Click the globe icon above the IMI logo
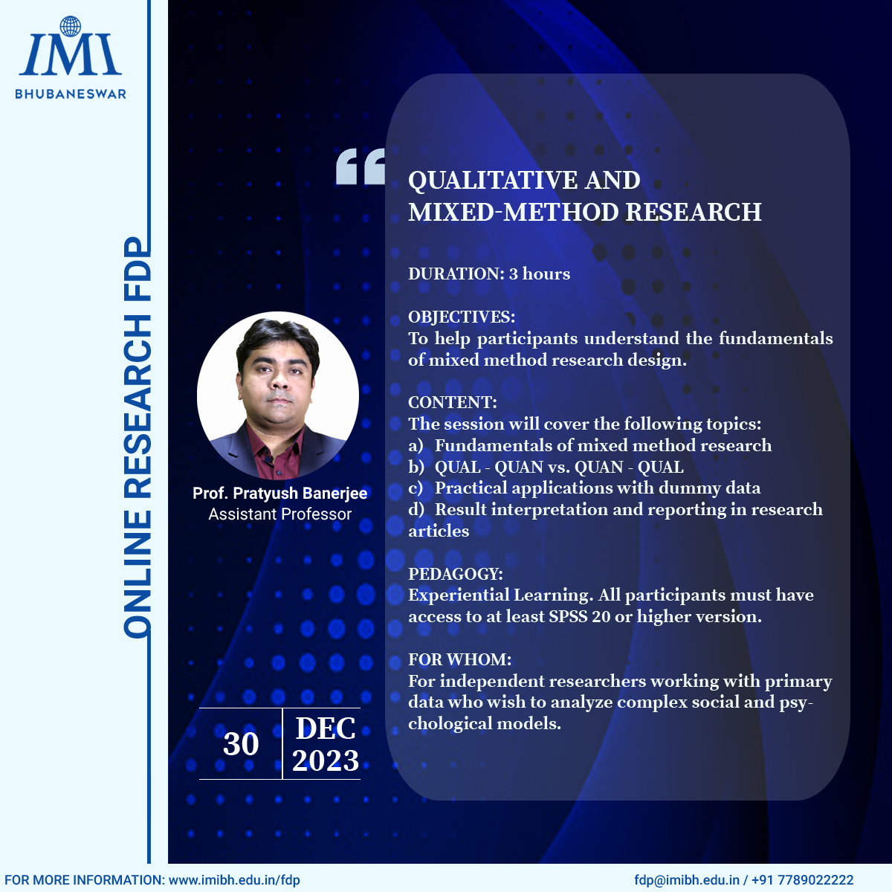(x=71, y=26)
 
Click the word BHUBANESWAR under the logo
(x=71, y=94)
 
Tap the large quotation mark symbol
(x=360, y=167)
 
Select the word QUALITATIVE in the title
(x=492, y=180)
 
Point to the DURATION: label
(x=456, y=274)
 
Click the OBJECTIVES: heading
(x=462, y=317)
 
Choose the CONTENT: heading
(x=452, y=402)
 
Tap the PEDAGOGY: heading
(x=456, y=574)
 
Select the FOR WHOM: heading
(x=459, y=659)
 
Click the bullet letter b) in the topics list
(x=416, y=467)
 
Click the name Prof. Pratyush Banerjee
(x=279, y=494)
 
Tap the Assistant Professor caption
(x=279, y=514)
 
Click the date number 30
(x=241, y=744)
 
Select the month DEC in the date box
(x=326, y=728)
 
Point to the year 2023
(x=326, y=760)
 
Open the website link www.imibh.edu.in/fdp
(x=233, y=880)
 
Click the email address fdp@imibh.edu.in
(x=687, y=880)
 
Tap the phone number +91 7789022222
(x=802, y=880)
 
